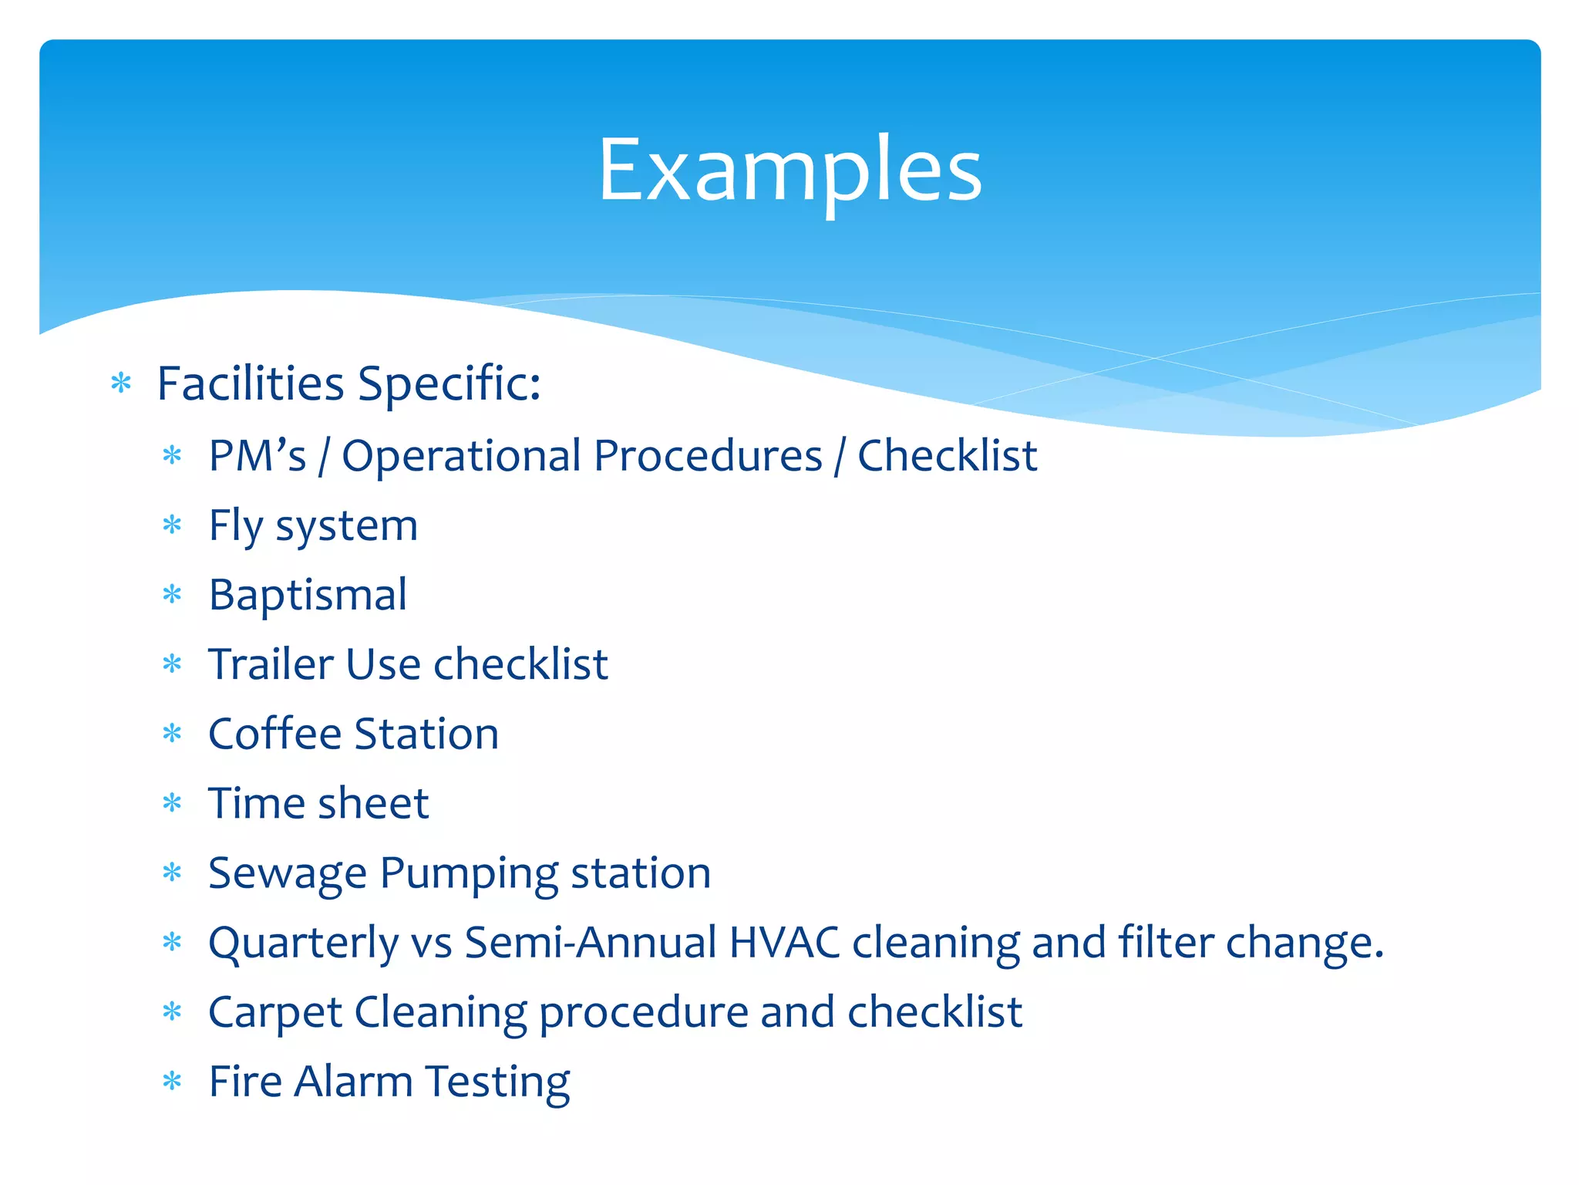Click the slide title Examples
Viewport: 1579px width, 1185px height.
(789, 170)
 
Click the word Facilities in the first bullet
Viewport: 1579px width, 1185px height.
(250, 383)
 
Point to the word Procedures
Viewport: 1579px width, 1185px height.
(708, 456)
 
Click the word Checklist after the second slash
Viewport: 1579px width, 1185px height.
(947, 456)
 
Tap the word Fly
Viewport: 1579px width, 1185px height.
(236, 527)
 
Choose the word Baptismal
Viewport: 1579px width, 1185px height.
(308, 596)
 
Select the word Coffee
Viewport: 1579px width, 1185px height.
(274, 734)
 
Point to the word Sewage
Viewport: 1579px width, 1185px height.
(287, 874)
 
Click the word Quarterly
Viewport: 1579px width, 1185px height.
(302, 944)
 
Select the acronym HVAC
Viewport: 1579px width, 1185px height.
(784, 943)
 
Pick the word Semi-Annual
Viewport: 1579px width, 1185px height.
(591, 943)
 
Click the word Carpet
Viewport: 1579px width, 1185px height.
(274, 1013)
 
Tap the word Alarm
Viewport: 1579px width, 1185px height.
(353, 1082)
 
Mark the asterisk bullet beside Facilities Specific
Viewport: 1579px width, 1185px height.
(121, 383)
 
